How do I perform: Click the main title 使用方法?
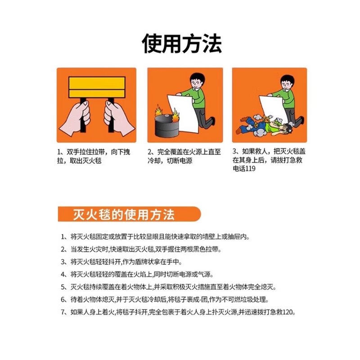click(x=181, y=44)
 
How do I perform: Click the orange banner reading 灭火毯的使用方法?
click(x=124, y=214)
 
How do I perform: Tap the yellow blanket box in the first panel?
click(x=96, y=87)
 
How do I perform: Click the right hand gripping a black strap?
click(x=118, y=118)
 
